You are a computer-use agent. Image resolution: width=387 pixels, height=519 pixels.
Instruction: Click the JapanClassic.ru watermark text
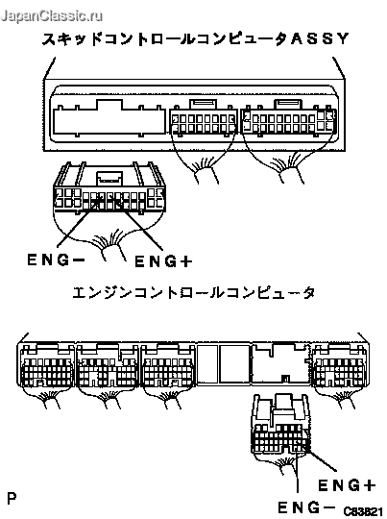pos(52,15)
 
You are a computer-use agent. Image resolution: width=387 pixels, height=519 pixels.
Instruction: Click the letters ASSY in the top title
pos(320,38)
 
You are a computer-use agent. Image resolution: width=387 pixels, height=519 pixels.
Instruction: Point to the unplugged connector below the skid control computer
pos(109,187)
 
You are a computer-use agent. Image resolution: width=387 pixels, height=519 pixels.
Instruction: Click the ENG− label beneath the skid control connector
pos(56,259)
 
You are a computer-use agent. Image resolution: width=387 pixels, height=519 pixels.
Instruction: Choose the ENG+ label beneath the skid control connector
pos(163,261)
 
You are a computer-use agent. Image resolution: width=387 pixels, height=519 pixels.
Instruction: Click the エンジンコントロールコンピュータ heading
pos(194,292)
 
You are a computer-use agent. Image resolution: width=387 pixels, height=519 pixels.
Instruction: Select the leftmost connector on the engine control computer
pos(47,366)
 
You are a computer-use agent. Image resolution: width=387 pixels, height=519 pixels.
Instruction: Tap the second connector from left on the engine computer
pos(108,366)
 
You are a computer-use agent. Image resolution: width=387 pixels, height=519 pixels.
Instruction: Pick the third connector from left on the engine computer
pos(168,366)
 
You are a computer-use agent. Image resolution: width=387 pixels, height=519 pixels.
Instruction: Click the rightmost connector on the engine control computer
pos(340,366)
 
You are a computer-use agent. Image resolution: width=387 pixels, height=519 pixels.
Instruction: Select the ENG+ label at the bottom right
pos(347,485)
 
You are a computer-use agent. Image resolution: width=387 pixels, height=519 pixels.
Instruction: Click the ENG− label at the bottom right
pos(304,507)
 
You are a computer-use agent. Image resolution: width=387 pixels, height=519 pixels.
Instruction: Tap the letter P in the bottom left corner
pos(12,498)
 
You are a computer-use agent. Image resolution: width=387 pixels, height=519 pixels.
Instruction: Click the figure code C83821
pos(361,511)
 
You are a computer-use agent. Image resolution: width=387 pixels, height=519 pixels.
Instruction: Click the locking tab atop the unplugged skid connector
pos(109,179)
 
